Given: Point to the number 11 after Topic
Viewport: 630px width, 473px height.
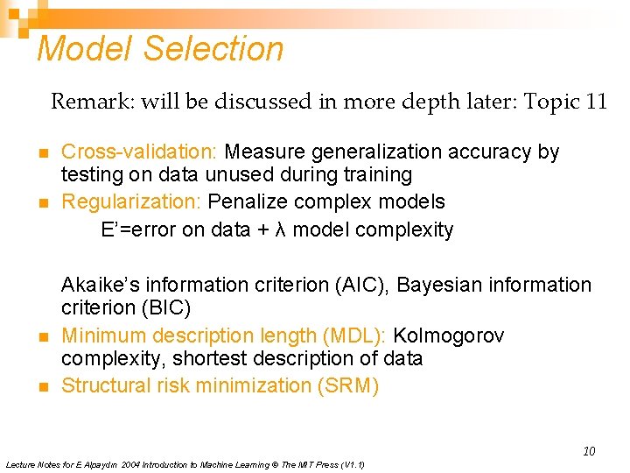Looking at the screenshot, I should tap(597, 102).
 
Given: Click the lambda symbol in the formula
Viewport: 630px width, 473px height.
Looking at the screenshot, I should tap(279, 230).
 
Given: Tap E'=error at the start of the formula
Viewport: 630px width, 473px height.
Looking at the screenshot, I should tap(140, 230).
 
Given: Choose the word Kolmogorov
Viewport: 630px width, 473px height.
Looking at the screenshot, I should tap(449, 335).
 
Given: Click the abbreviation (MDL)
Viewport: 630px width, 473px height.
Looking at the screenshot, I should tap(353, 335).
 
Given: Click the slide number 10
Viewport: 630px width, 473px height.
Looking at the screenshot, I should tap(589, 451).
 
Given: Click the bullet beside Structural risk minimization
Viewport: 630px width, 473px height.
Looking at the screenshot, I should tap(43, 387).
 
